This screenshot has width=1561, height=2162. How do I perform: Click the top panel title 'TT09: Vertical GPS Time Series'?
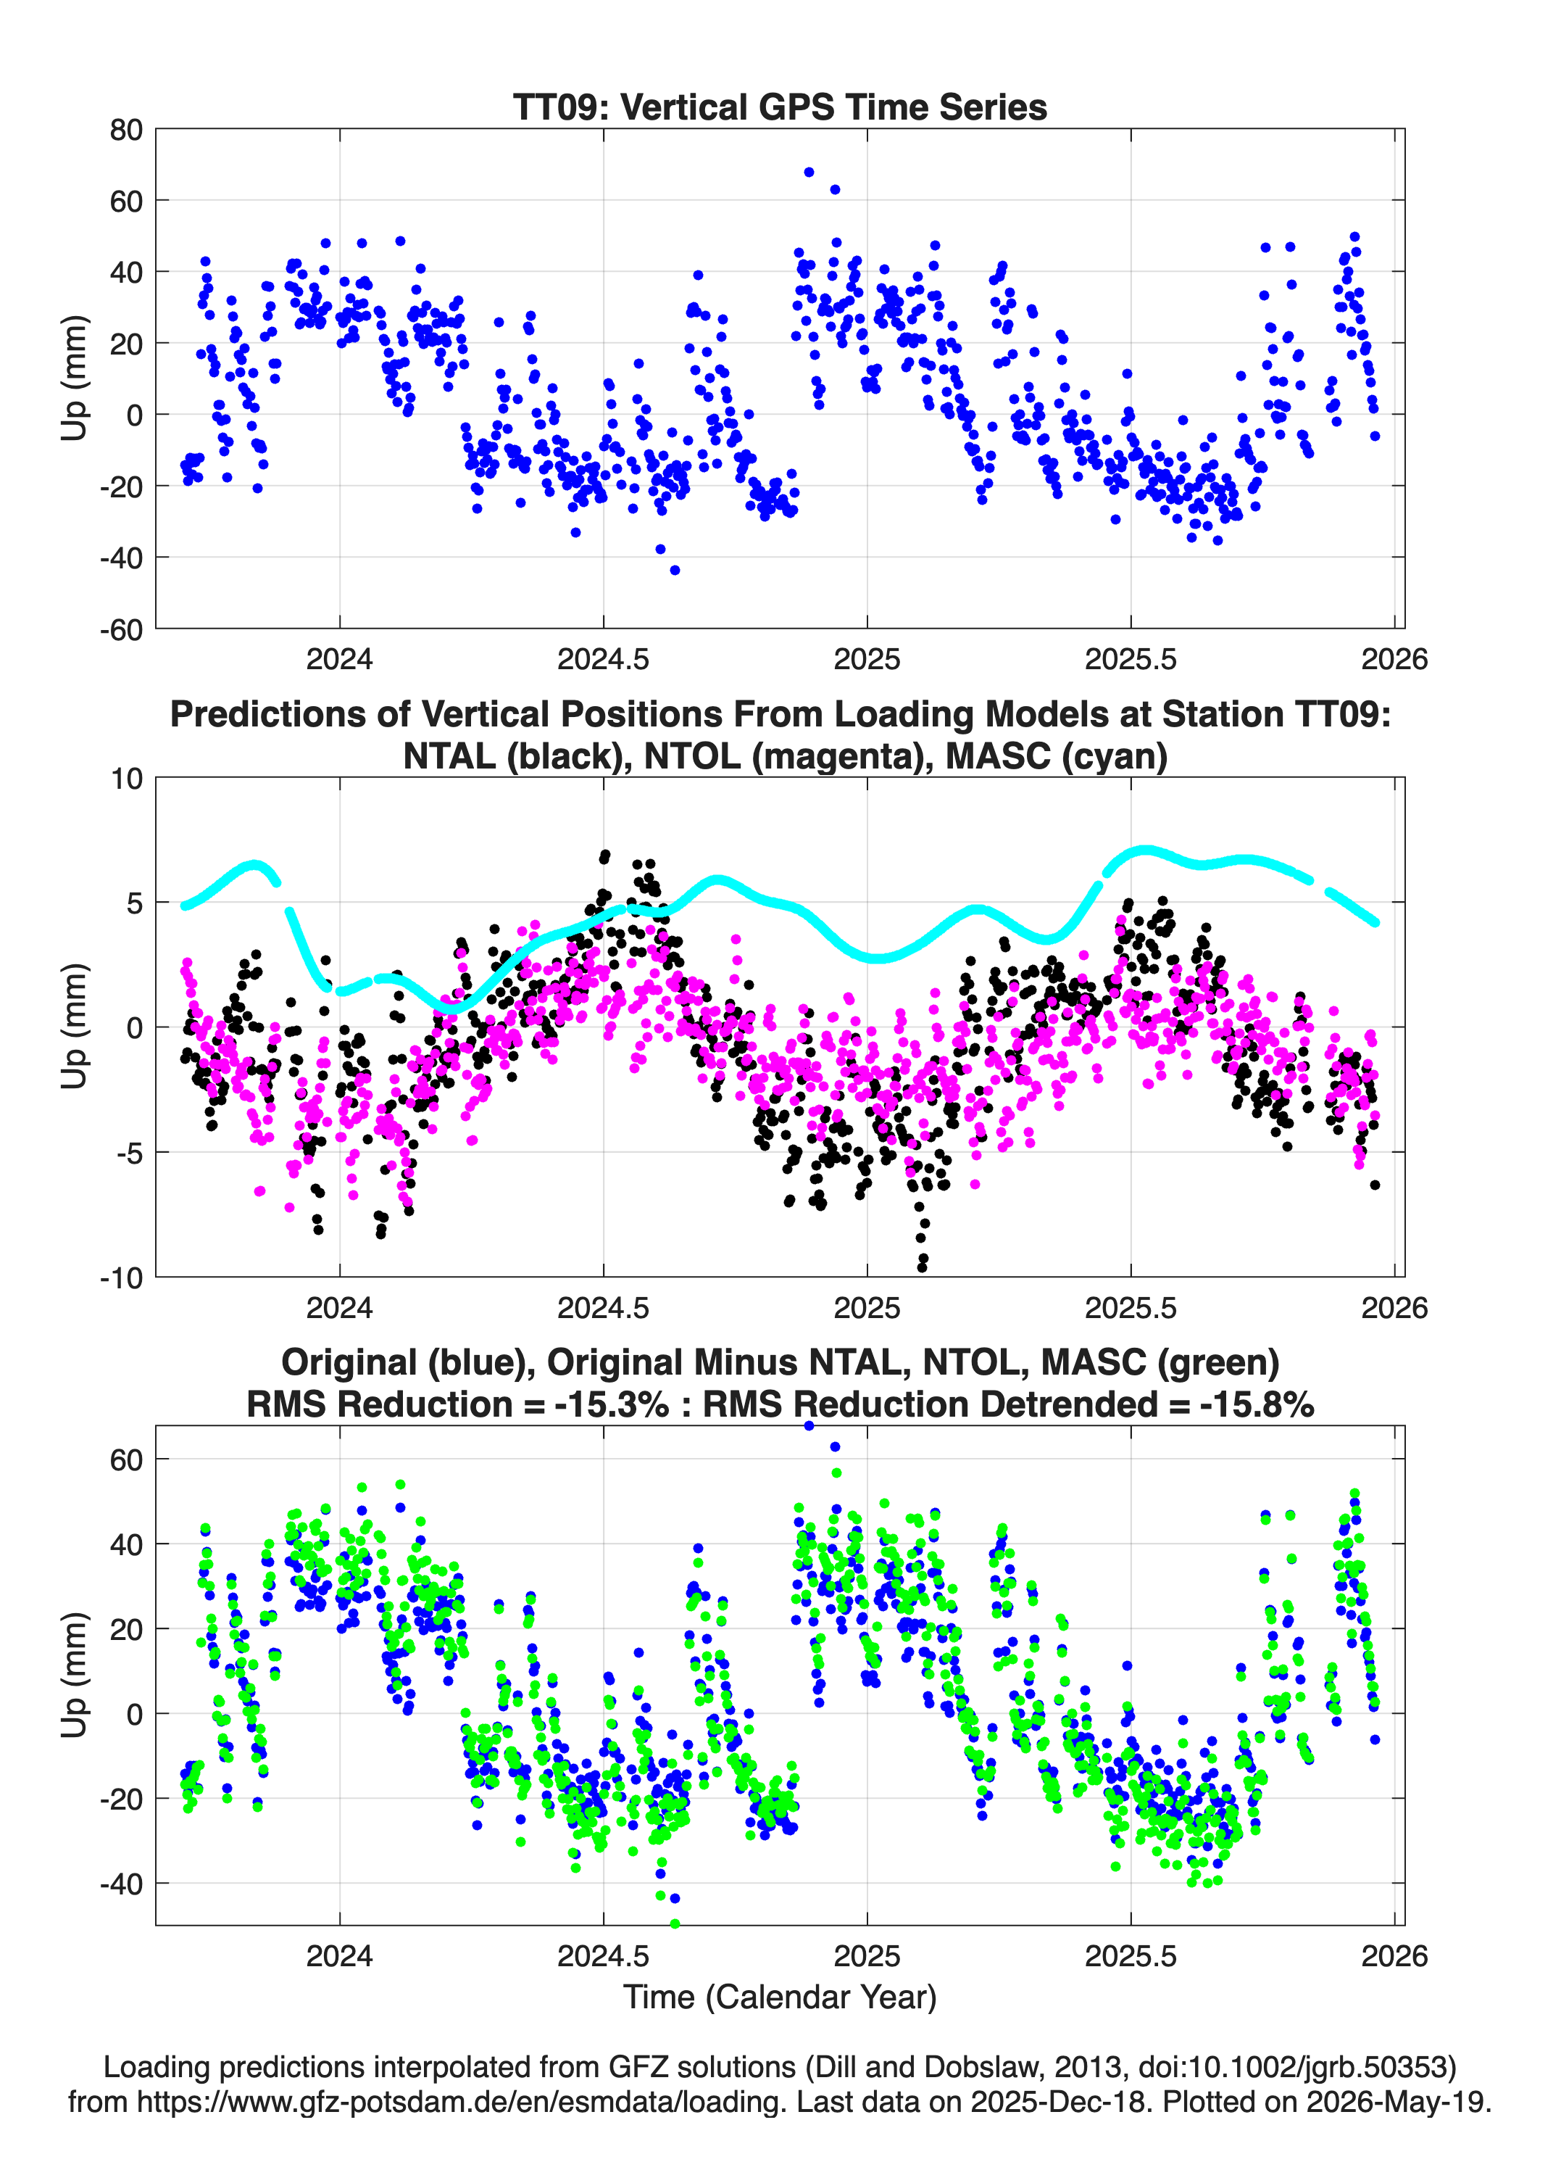pos(780,107)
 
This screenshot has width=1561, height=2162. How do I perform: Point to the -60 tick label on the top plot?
pos(121,629)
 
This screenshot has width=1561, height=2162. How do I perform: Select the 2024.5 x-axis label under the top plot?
pos(603,659)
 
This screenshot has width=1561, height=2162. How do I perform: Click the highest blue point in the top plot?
pos(809,173)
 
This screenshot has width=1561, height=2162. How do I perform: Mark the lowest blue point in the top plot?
pos(675,570)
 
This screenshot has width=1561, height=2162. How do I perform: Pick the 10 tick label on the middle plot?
pos(127,779)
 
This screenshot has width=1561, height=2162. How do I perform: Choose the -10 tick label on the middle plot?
pos(121,1277)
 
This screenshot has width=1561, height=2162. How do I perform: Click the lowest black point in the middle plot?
pos(922,1267)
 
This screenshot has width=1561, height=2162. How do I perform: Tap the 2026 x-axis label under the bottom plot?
pos(1394,1956)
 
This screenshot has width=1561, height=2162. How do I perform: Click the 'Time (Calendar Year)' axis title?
pos(780,1996)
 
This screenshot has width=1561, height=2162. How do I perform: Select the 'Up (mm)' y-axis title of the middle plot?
pos(75,1027)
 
